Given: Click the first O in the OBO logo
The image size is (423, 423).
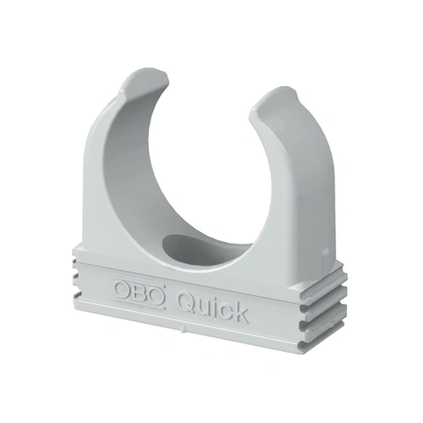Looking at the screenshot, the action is [122, 288].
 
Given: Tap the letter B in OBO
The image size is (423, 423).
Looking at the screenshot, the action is [139, 292].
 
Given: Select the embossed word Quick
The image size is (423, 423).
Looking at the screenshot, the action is [214, 308].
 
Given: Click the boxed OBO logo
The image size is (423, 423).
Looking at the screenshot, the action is [139, 292].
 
